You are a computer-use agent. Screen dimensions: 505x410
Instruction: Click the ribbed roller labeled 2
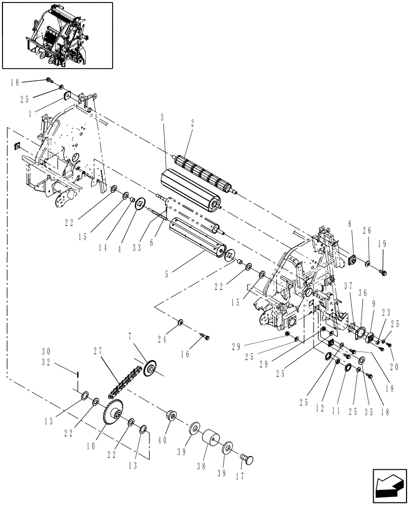pos(202,171)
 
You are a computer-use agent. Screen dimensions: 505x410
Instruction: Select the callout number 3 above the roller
pos(162,117)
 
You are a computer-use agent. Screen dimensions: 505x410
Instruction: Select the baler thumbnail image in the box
pos(57,35)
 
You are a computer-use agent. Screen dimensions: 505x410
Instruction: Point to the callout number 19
pos(383,243)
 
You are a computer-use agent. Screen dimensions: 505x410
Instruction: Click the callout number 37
pos(348,286)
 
